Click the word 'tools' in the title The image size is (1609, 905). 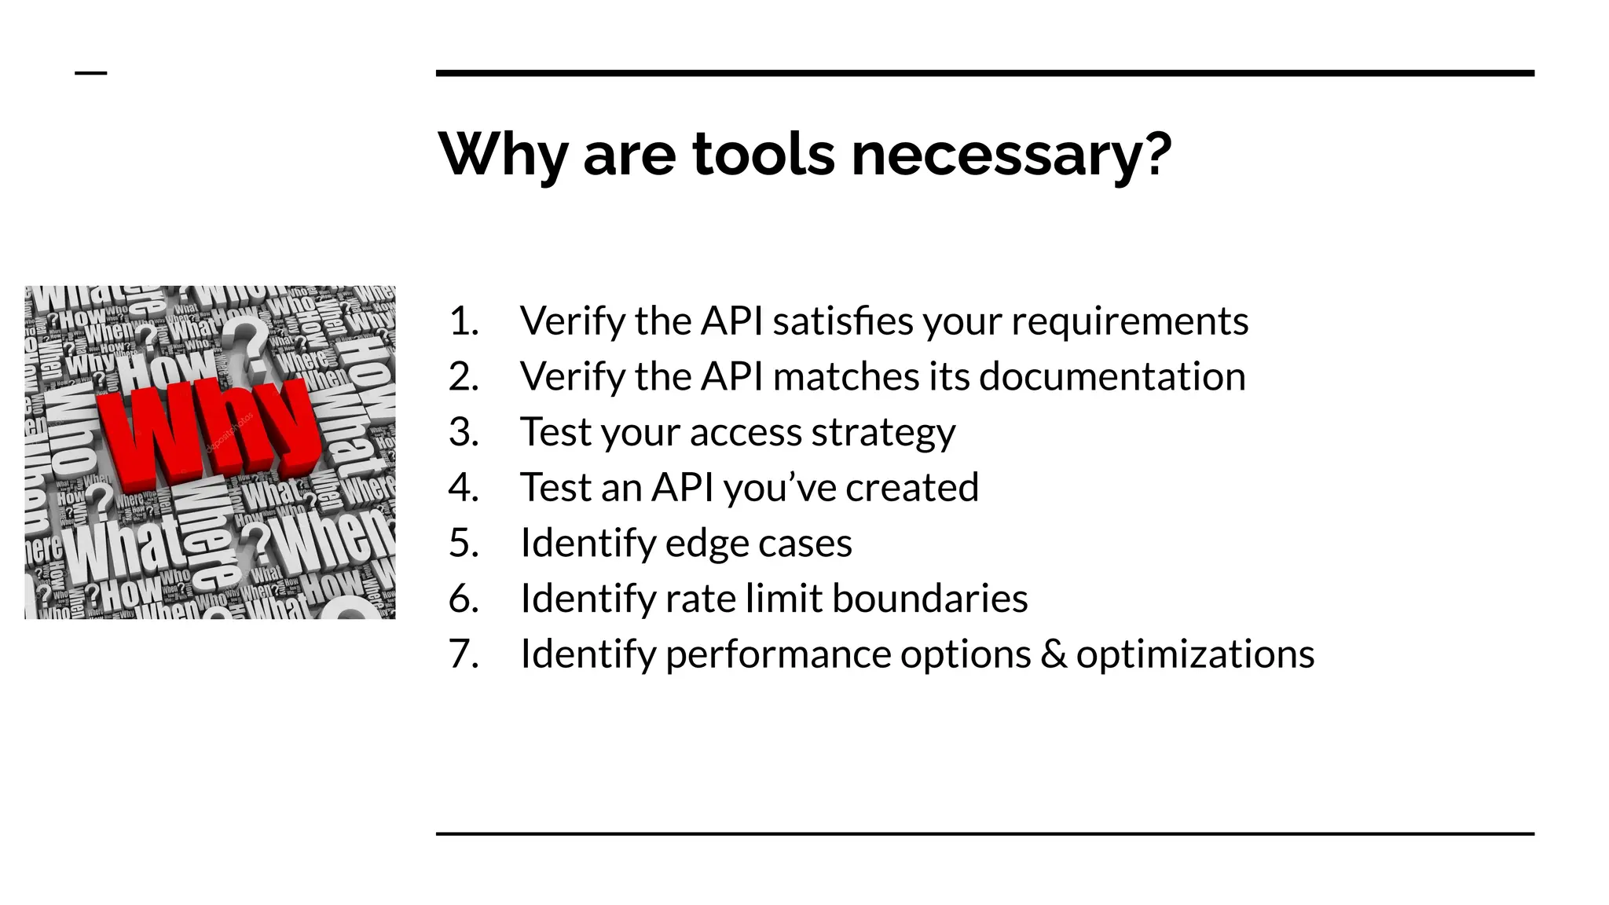point(763,154)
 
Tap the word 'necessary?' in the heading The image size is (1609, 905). point(1012,154)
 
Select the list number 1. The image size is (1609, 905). point(464,321)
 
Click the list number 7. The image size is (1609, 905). point(464,654)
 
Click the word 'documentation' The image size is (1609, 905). point(1112,376)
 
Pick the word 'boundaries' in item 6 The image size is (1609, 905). point(929,599)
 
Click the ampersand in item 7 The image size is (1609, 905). point(1054,654)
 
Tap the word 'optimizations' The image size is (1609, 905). point(1195,654)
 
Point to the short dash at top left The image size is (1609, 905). point(91,73)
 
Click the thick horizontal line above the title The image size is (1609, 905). point(984,73)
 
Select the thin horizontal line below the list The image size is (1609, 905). point(984,834)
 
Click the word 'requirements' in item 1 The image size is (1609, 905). point(1129,321)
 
